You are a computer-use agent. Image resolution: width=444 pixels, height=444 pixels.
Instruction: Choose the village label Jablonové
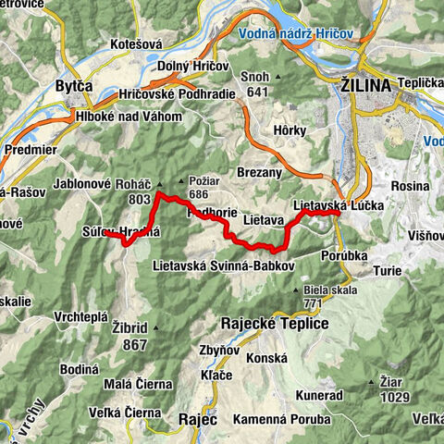click(x=84, y=183)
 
